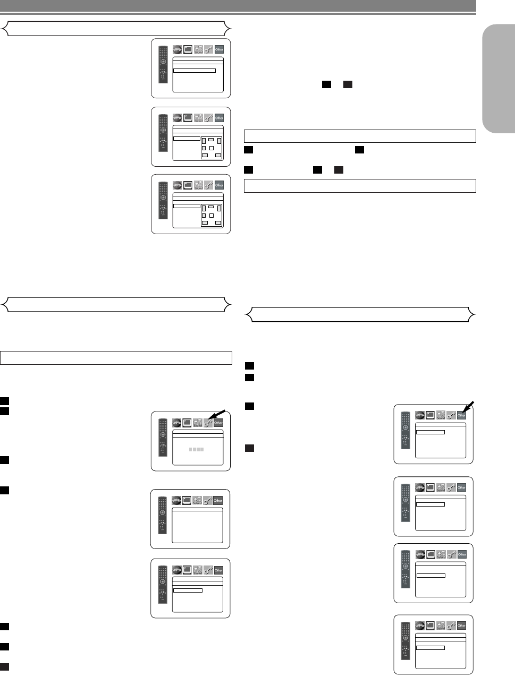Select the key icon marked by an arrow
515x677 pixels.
pyautogui.click(x=208, y=423)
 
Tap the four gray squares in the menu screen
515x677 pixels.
pyautogui.click(x=197, y=450)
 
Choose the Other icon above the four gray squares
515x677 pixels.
pyautogui.click(x=218, y=423)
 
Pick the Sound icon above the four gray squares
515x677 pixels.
pyautogui.click(x=198, y=423)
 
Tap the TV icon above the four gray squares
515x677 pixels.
pyautogui.click(x=188, y=423)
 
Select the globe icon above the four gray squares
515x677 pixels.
pyautogui.click(x=177, y=423)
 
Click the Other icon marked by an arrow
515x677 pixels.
pyautogui.click(x=461, y=415)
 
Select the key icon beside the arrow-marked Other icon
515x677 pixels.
pyautogui.click(x=451, y=415)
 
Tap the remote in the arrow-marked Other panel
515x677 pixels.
pyautogui.click(x=406, y=432)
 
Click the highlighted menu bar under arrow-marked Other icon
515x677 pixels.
pyautogui.click(x=430, y=432)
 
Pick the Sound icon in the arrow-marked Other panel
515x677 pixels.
pyautogui.click(x=441, y=415)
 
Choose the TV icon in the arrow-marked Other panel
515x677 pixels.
pyautogui.click(x=430, y=415)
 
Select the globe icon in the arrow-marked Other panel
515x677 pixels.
pyautogui.click(x=420, y=415)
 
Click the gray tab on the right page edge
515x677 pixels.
pyautogui.click(x=499, y=80)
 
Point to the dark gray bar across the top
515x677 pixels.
pyautogui.click(x=238, y=5)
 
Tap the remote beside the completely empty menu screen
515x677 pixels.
pyautogui.click(x=163, y=518)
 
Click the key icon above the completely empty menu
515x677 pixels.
pyautogui.click(x=208, y=500)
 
